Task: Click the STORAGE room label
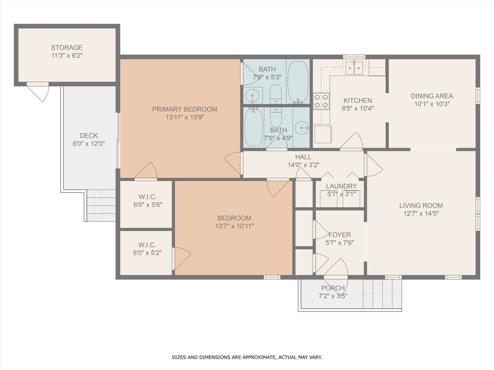67,48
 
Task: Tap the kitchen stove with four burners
321,101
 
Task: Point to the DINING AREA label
432,96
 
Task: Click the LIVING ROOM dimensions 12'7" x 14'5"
421,214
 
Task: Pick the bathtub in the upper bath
298,82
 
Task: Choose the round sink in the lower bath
301,128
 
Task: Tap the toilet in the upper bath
276,94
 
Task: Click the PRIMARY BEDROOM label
185,109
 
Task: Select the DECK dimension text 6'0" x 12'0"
89,144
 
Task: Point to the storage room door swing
38,92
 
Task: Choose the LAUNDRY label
342,186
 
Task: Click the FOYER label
340,235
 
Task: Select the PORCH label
333,288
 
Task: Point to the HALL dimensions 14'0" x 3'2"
303,165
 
